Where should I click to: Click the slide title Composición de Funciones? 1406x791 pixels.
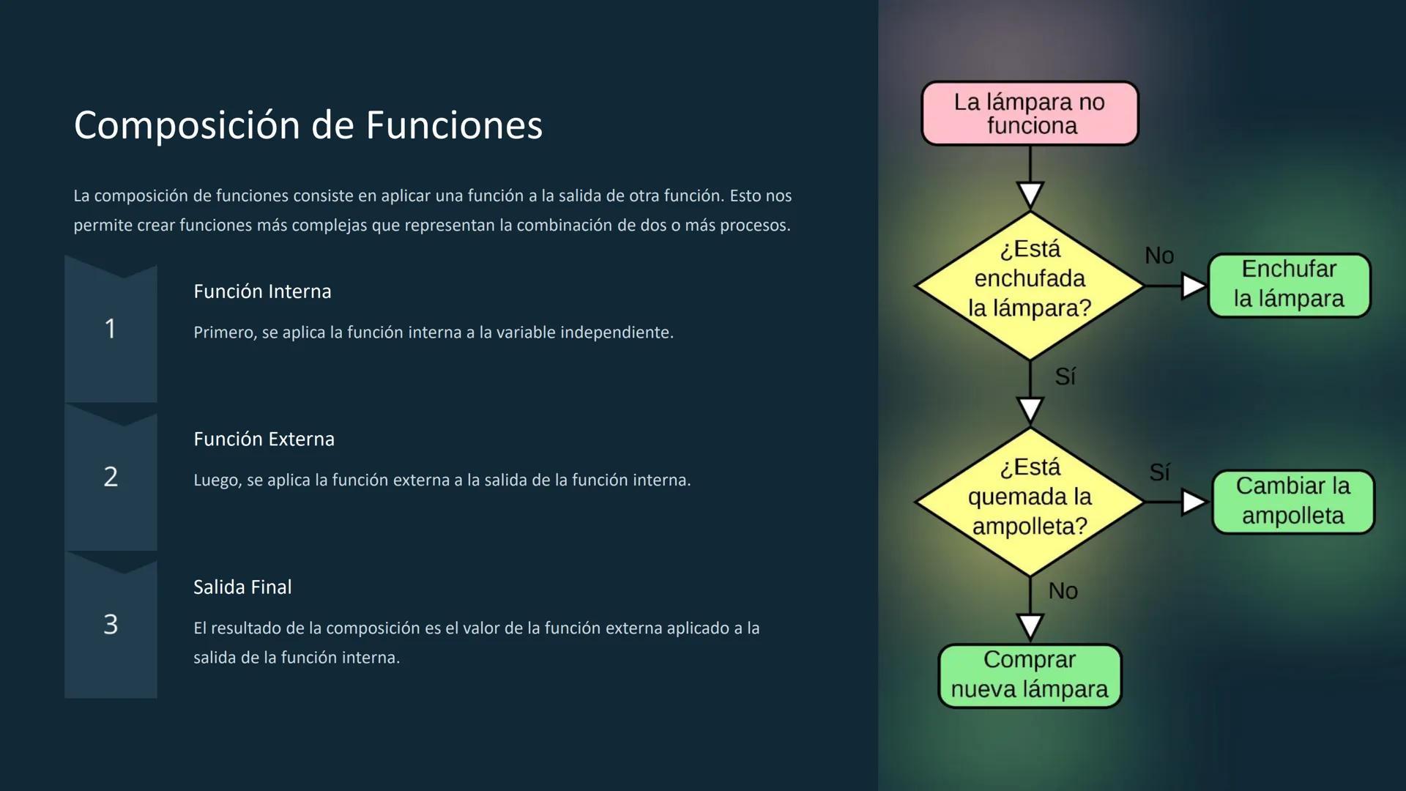tap(308, 125)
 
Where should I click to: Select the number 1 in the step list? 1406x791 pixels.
tap(110, 329)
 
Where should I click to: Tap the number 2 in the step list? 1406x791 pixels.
tap(111, 477)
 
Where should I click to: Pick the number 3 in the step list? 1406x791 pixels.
tap(111, 625)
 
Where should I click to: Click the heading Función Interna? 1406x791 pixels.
tap(262, 291)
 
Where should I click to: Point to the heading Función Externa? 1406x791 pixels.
tap(264, 439)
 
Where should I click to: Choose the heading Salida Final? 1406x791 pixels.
tap(242, 587)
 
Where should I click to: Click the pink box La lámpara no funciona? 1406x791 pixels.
tap(1030, 114)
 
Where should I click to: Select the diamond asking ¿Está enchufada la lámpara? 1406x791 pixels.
tap(1030, 286)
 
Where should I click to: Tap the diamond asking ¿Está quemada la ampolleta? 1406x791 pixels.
tap(1030, 502)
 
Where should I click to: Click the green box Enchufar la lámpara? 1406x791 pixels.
tap(1289, 285)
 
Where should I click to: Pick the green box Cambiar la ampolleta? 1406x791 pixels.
tap(1293, 502)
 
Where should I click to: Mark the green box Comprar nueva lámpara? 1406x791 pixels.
tap(1030, 675)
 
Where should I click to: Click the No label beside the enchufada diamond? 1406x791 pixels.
tap(1159, 256)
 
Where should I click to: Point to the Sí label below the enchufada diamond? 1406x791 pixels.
tap(1065, 376)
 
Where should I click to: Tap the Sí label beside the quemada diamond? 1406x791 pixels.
tap(1159, 472)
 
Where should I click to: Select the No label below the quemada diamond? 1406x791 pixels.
tap(1063, 591)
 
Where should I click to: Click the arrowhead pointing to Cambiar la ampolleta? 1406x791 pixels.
tap(1192, 502)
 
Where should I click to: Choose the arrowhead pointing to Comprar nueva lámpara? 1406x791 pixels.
tap(1030, 626)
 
